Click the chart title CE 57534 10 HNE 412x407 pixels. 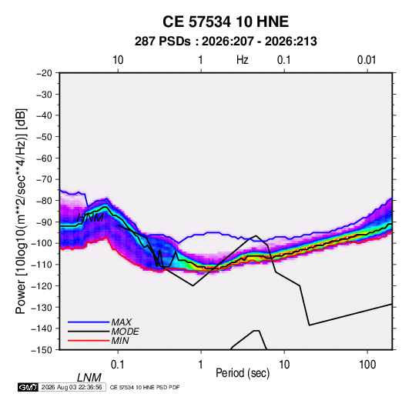226,22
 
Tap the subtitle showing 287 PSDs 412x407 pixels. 226,42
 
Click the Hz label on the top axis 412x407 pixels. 242,60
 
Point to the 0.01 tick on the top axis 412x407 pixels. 367,60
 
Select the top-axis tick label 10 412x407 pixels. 118,60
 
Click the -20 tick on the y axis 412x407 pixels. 44,73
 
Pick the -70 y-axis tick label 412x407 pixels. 44,179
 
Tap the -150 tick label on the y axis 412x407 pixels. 42,350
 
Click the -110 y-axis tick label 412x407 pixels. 42,265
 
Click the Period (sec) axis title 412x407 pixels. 243,373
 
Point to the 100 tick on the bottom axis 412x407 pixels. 367,365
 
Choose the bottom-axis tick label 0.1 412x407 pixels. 118,365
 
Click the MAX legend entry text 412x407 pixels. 122,322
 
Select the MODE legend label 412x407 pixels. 125,332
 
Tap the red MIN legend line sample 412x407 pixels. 89,341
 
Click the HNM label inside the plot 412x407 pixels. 90,218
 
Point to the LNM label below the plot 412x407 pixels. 89,378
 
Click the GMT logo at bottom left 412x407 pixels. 28,387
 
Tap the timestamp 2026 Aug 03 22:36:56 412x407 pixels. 72,387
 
